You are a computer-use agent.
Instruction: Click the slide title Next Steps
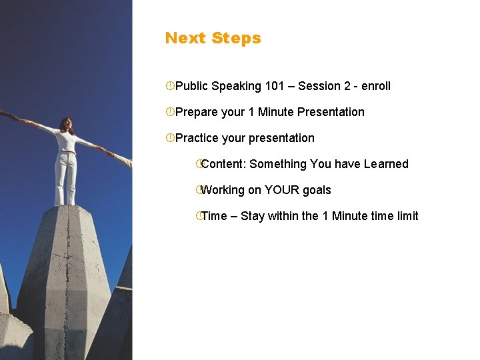(213, 38)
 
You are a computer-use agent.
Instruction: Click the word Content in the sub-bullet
(223, 164)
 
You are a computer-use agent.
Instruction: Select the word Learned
(386, 164)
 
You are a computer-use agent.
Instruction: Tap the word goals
(317, 190)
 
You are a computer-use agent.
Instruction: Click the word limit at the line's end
(407, 216)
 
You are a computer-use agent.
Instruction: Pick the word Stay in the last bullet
(253, 216)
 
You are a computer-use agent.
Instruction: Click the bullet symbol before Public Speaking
(170, 86)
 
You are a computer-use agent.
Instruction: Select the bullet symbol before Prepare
(170, 112)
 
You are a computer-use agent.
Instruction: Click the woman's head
(65, 124)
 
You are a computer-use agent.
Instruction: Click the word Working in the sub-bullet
(223, 190)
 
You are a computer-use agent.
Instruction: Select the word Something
(277, 164)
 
